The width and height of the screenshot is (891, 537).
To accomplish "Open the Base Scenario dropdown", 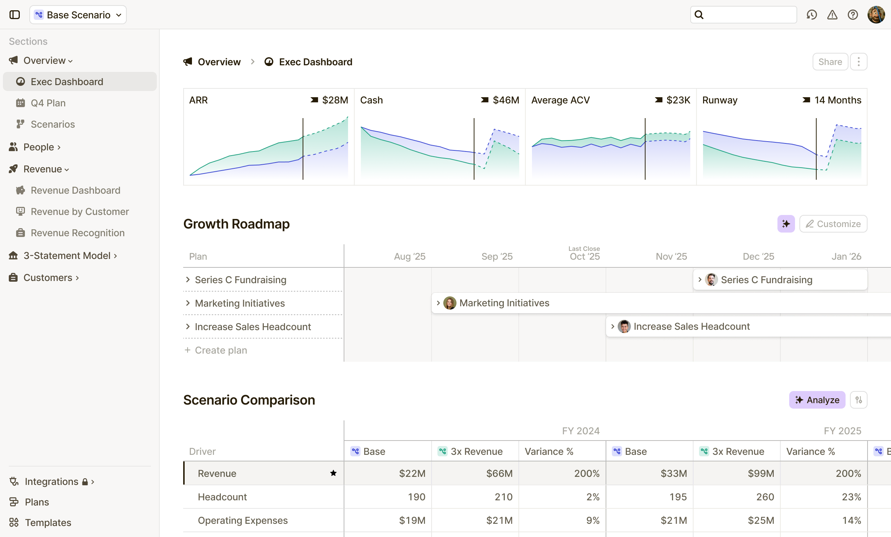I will [78, 15].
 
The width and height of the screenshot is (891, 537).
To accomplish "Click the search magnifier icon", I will [699, 15].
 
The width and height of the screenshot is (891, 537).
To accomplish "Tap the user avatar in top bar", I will [876, 15].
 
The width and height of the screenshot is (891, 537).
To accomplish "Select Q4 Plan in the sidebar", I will [48, 103].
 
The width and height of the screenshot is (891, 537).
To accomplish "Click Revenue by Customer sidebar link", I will [80, 212].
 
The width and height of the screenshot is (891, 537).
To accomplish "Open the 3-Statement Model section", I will [67, 256].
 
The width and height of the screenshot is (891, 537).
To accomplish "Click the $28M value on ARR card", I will [335, 100].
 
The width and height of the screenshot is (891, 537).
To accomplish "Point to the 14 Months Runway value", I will [838, 100].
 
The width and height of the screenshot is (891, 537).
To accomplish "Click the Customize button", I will [833, 224].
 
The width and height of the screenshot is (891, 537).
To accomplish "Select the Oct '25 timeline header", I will [584, 256].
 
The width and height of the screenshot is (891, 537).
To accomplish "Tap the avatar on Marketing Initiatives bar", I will [450, 303].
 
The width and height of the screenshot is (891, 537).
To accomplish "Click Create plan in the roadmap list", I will [221, 350].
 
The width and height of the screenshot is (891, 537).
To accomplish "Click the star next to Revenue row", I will [333, 473].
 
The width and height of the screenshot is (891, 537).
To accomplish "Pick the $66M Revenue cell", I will [499, 474].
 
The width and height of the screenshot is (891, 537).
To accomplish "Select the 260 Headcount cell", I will [765, 497].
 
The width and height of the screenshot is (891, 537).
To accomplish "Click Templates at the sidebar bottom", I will [48, 523].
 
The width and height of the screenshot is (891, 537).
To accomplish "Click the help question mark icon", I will [853, 15].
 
